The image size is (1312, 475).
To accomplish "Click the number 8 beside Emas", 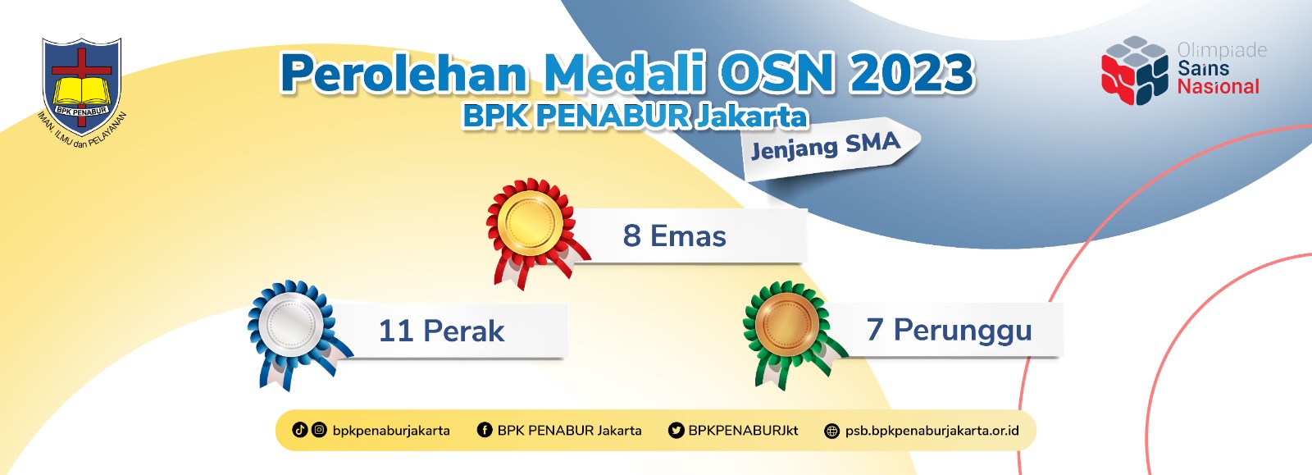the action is point(631,236).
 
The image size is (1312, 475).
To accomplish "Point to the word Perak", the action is point(463,331).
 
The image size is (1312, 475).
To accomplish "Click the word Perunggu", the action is point(963,331).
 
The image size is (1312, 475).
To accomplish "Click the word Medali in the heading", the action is point(623,73).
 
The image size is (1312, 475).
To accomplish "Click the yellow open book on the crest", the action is point(81,92).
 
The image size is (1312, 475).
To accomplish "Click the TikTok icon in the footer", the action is point(300,430).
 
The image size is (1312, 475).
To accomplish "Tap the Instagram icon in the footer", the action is point(319,430).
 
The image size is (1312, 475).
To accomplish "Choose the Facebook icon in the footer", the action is point(485,431).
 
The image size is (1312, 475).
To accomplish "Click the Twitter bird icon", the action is point(676,431).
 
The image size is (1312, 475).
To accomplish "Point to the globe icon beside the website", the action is point(831,431).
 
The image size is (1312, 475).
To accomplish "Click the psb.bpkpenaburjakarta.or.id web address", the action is point(932,431).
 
